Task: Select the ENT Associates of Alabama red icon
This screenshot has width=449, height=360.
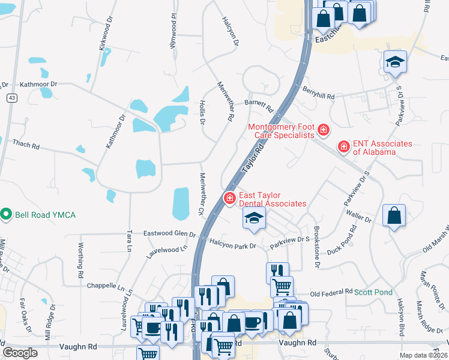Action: point(343,146)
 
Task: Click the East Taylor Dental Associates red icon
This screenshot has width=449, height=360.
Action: point(229,198)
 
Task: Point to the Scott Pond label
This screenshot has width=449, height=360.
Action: point(372,292)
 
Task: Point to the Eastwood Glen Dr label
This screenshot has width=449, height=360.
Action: point(169,234)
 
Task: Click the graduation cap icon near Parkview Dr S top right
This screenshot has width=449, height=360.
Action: point(395,62)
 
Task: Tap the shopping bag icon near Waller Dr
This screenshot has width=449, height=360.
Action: point(393,215)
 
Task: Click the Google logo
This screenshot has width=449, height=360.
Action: point(20,352)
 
